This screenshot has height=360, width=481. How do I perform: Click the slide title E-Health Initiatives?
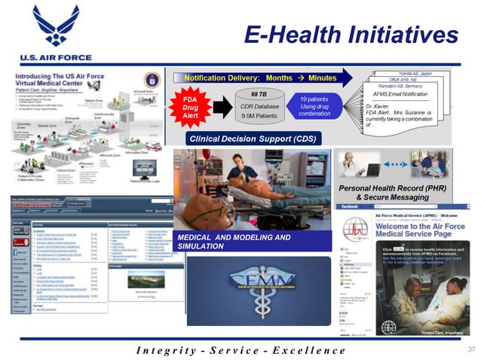click(351, 34)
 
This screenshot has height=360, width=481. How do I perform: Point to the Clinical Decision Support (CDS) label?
click(253, 139)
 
